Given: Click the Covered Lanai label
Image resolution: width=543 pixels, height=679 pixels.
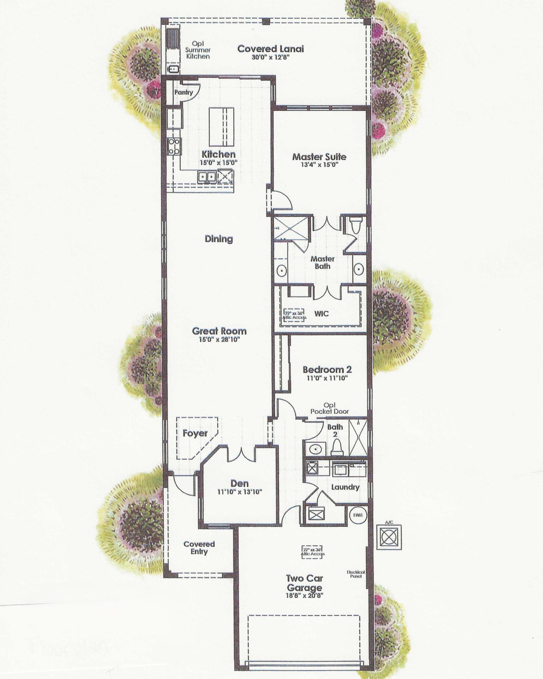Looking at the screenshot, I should (270, 49).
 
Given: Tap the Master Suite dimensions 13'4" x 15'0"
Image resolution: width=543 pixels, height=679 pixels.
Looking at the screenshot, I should (319, 165).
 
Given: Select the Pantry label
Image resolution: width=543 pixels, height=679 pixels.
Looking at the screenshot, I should (184, 92).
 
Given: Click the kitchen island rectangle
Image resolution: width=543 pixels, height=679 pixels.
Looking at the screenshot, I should (221, 127).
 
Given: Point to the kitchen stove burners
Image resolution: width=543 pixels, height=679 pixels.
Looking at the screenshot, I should (174, 146).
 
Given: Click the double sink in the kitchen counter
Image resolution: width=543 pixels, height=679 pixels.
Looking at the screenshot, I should (207, 177).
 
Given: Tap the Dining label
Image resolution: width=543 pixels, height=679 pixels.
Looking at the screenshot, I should (219, 239).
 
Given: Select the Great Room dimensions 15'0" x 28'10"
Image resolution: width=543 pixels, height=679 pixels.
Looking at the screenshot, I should (219, 339).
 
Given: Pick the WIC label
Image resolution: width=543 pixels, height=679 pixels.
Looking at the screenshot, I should (321, 313).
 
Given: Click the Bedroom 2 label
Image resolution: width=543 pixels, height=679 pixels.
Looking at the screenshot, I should (327, 369).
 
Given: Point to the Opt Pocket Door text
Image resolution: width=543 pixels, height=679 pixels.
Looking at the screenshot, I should (330, 408).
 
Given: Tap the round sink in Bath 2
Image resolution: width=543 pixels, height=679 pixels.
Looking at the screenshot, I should (316, 450).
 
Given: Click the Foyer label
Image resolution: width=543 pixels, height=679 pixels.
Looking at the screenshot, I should (195, 433).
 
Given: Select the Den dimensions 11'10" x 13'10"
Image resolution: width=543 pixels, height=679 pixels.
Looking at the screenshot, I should (240, 492).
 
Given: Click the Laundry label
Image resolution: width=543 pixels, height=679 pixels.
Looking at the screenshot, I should (345, 487).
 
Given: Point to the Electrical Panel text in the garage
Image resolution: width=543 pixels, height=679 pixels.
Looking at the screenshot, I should (356, 574).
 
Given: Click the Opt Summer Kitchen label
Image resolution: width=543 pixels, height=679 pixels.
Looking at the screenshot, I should (198, 50).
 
